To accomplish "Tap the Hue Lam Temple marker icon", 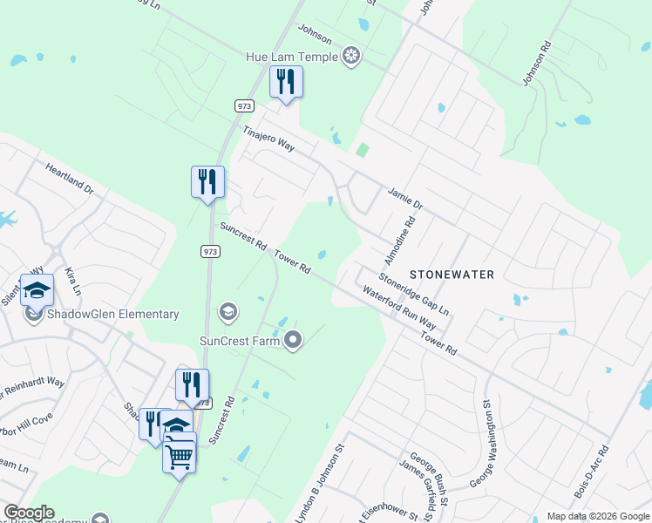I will coord(350,58).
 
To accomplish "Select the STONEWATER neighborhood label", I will coord(452,275).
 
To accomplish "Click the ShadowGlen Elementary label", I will coord(114,315).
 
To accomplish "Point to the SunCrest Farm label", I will coord(240,341).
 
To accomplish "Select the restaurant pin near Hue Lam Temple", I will coord(286,83).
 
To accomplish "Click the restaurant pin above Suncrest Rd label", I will coord(207,182).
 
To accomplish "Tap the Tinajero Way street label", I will coord(268,138).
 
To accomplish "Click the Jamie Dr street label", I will coord(404,200).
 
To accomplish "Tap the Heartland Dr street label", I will coord(69,180).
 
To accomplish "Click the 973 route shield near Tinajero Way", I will coord(243,105).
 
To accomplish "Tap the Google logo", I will coord(29,513).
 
